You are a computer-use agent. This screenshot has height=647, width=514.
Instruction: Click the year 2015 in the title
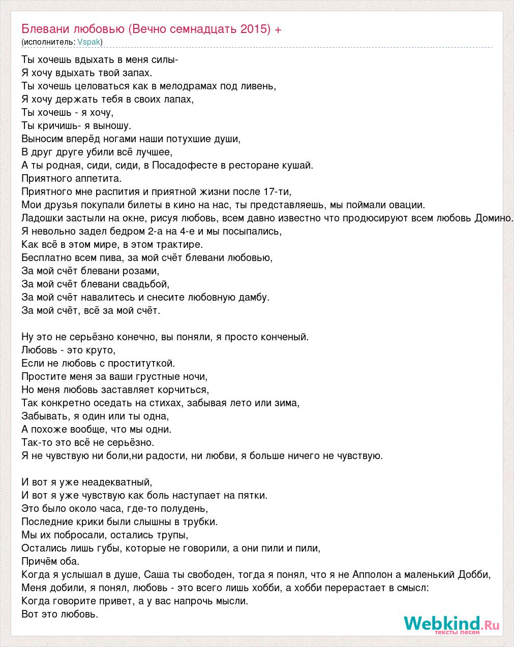click(255, 29)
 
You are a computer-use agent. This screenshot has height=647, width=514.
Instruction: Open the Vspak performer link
click(89, 42)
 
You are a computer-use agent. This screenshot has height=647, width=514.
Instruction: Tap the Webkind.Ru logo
click(451, 624)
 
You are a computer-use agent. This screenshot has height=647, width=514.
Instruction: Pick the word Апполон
click(371, 574)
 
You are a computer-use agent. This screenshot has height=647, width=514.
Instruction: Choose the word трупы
click(174, 535)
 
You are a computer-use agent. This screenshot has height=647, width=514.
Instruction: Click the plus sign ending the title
click(278, 29)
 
